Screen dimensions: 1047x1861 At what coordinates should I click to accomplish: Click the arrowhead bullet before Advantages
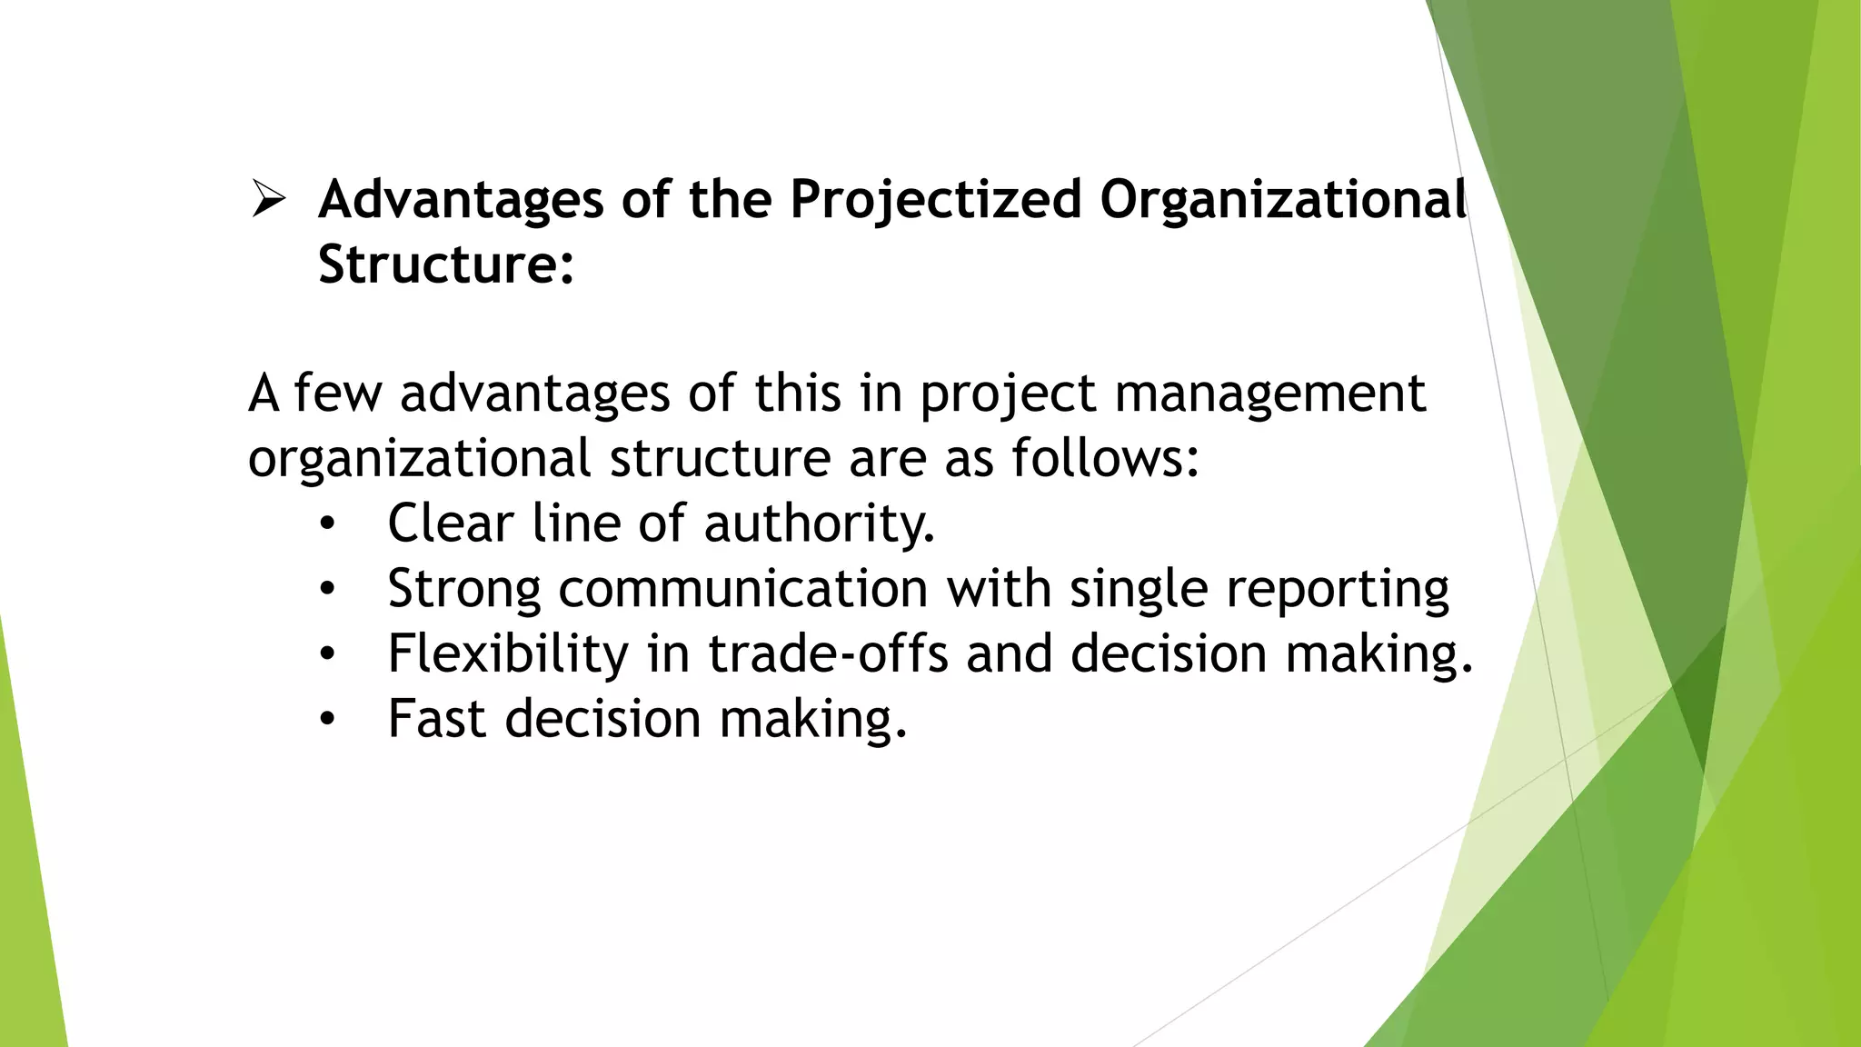(x=269, y=199)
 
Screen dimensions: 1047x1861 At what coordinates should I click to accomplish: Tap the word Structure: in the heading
(x=446, y=264)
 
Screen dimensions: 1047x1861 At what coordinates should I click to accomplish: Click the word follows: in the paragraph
(x=1105, y=457)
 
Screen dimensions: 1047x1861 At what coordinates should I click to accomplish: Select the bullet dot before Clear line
(x=327, y=524)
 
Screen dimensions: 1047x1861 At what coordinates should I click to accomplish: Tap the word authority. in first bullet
(x=819, y=524)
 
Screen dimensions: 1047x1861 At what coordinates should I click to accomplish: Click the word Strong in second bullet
(x=464, y=589)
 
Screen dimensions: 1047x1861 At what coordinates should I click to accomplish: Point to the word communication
(x=742, y=589)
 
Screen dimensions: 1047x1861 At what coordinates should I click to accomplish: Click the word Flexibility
(x=508, y=653)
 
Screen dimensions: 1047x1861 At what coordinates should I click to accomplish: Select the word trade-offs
(x=828, y=653)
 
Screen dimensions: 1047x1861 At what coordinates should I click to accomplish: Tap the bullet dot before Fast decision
(x=327, y=720)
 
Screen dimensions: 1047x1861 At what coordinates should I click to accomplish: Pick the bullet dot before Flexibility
(x=327, y=654)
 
